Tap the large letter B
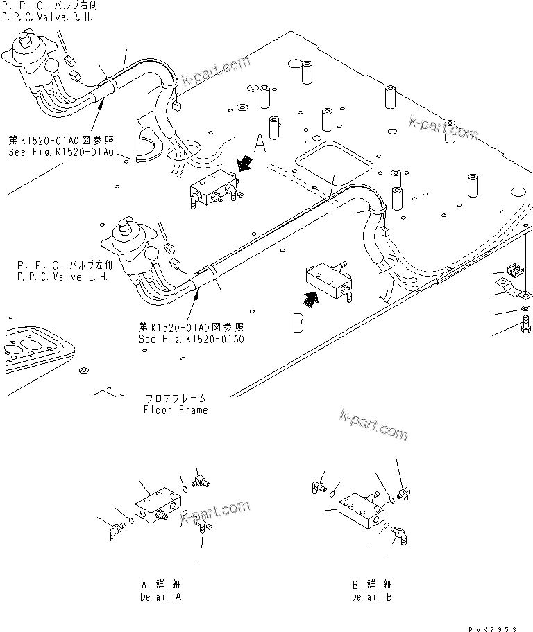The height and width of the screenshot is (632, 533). pos(298,323)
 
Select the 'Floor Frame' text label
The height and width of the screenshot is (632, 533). pos(175,410)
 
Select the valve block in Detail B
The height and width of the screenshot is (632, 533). pos(362,511)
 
